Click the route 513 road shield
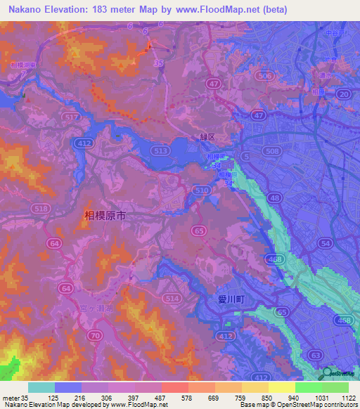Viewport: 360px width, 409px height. [x=162, y=150]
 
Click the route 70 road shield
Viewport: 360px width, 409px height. [x=94, y=336]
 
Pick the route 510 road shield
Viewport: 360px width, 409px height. [x=202, y=190]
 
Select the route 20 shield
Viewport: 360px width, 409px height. [x=343, y=93]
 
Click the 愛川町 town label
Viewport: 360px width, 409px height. [x=230, y=299]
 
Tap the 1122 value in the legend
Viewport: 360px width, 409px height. [x=347, y=398]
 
